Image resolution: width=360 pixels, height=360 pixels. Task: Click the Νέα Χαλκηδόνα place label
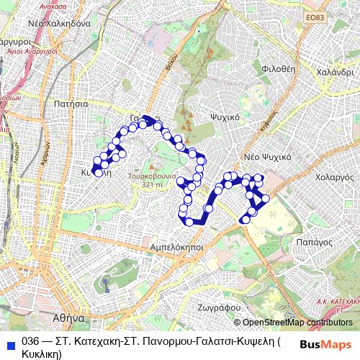tap(58, 23)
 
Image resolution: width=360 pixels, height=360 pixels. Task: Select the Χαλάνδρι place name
tap(335, 72)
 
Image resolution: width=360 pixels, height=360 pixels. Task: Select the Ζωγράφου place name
tap(217, 306)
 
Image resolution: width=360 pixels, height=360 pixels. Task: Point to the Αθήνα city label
tap(70, 317)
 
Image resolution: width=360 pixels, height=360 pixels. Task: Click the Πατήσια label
tap(70, 104)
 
